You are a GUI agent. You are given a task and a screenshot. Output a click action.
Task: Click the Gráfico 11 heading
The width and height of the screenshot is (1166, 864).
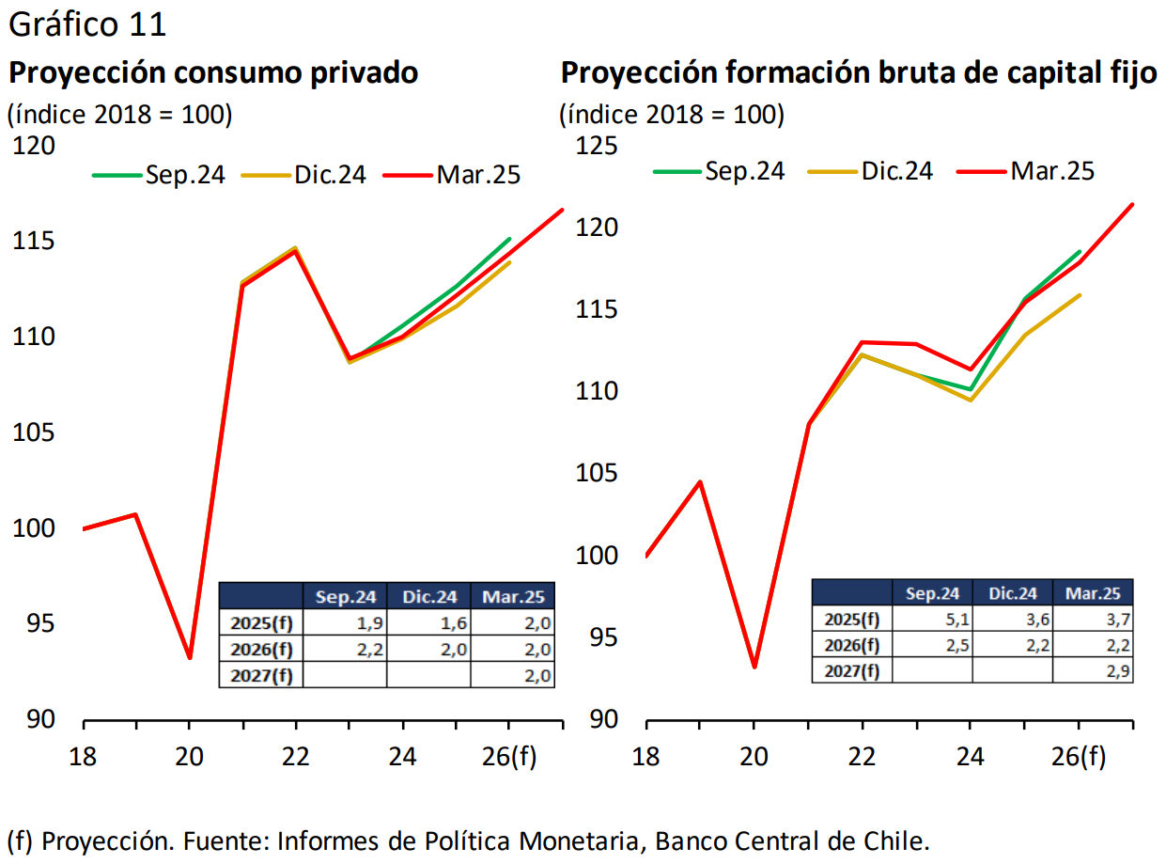[x=87, y=24]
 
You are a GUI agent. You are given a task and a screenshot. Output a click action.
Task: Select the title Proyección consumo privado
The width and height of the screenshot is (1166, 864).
[x=213, y=72]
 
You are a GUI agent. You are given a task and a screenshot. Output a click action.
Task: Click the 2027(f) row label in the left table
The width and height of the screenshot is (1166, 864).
[x=260, y=675]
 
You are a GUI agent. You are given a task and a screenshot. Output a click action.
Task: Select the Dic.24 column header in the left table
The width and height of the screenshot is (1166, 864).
[x=429, y=596]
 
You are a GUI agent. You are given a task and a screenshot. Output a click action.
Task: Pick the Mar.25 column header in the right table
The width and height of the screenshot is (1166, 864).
[x=1093, y=592]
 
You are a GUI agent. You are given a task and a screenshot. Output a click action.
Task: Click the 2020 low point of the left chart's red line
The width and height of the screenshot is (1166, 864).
[x=190, y=657]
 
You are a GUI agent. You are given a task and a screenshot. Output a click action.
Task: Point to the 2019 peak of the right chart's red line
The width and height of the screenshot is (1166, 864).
[x=700, y=482]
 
